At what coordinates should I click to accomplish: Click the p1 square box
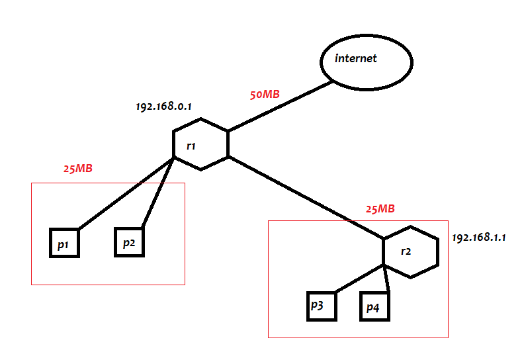point(65,244)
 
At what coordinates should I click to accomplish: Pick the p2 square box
point(129,242)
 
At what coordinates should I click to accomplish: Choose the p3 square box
point(321,306)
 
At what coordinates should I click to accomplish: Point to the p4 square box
point(374,307)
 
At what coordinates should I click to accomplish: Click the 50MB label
point(265,95)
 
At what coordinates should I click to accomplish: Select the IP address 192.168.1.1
point(479,237)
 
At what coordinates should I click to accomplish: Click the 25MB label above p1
point(78,169)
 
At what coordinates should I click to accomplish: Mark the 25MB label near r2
point(380,209)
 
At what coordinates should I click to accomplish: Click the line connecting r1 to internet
point(278,107)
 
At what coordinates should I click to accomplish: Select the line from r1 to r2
point(304,197)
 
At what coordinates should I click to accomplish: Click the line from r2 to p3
point(361,279)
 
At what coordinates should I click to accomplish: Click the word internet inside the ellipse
point(356,58)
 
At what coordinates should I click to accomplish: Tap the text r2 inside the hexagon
point(406,251)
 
